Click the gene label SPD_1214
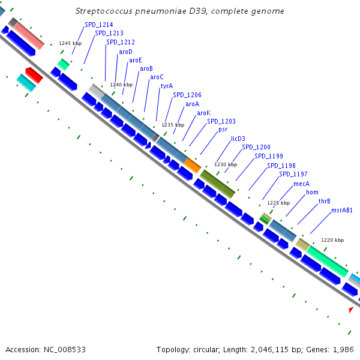point(98,25)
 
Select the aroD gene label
point(125,52)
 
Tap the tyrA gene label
point(166,86)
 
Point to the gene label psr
point(223,129)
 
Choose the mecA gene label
point(301,184)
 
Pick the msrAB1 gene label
point(342,210)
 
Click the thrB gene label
point(325,201)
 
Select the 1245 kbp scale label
point(70,43)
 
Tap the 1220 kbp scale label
point(332,240)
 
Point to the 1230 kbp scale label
point(226,164)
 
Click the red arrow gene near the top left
point(34,75)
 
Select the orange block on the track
point(192,164)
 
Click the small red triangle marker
point(351,309)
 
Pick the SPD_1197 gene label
point(293,175)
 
